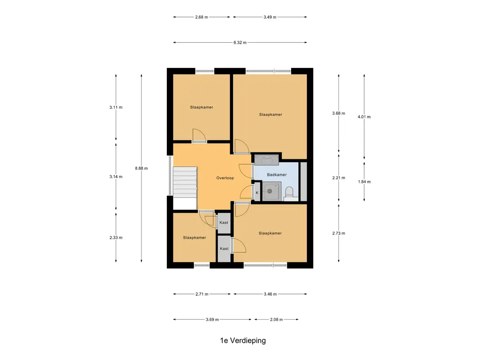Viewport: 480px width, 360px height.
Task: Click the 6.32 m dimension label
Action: [x=240, y=43]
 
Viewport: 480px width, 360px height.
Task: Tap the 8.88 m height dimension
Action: [x=142, y=168]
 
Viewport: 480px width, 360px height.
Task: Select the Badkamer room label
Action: [x=277, y=174]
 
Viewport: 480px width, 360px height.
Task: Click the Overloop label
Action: [x=225, y=178]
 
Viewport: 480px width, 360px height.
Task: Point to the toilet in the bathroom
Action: [x=289, y=193]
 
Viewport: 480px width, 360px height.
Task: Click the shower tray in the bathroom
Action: [x=272, y=191]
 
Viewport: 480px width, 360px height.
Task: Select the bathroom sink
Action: [x=267, y=160]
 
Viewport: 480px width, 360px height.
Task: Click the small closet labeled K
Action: [x=257, y=192]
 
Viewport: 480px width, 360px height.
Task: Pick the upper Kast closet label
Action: [x=224, y=223]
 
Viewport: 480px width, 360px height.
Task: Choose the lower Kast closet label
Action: [x=224, y=248]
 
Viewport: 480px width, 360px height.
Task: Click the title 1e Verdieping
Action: [x=243, y=340]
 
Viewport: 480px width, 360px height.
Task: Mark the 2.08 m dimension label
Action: [x=277, y=320]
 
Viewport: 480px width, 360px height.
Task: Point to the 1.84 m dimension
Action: [x=364, y=181]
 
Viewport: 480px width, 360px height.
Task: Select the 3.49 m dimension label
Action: [x=270, y=17]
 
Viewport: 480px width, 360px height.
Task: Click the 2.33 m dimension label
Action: [x=116, y=238]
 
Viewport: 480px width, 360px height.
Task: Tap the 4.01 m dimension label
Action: [x=364, y=117]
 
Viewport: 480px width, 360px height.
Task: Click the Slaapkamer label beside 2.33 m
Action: [x=195, y=238]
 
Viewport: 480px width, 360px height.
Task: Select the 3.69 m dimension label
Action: [x=212, y=320]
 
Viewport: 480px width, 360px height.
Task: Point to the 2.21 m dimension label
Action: [x=338, y=178]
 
